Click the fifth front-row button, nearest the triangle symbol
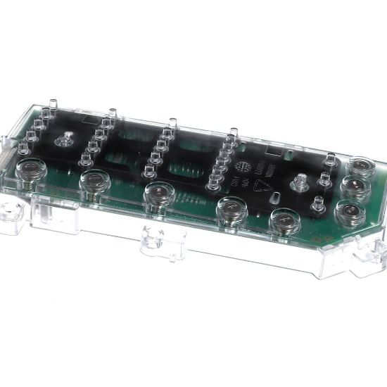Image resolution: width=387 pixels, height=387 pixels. [285, 220]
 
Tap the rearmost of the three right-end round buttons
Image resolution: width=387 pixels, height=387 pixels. [361, 166]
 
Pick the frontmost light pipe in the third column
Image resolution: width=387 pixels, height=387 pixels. [149, 171]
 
